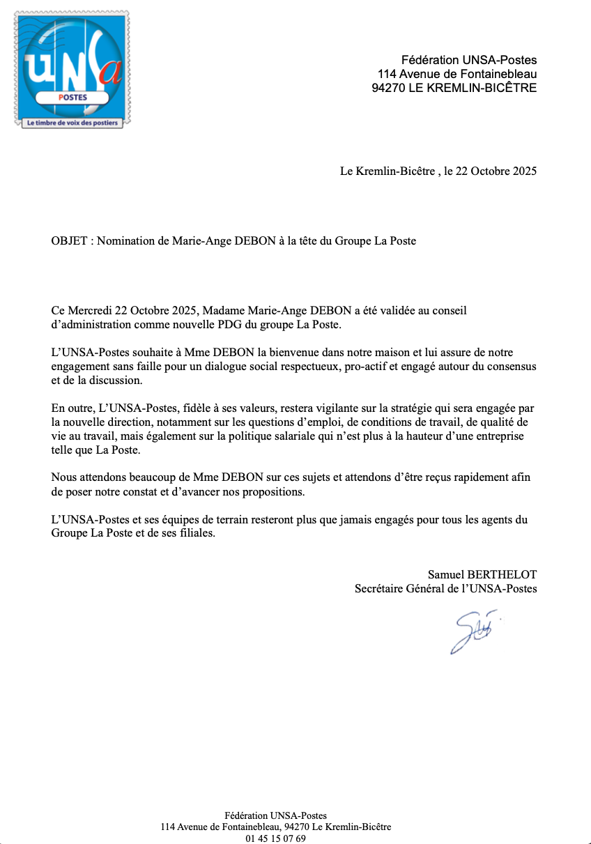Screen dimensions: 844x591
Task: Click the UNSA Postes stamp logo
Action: pyautogui.click(x=72, y=68)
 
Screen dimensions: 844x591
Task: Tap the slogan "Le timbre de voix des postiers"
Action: pyautogui.click(x=72, y=123)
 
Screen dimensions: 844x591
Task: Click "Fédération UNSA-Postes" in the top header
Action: pyautogui.click(x=469, y=60)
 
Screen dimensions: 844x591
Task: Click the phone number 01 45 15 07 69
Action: pyautogui.click(x=275, y=838)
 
